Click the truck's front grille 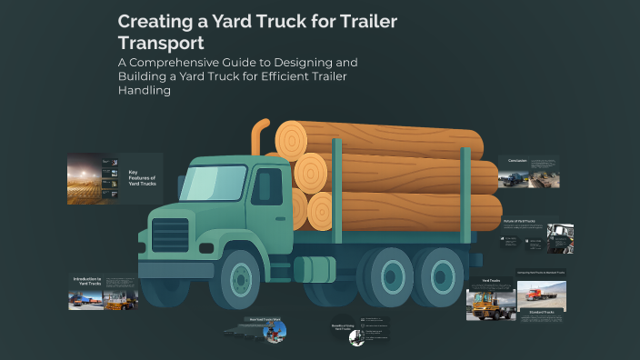tap(170, 235)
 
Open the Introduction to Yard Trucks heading tap(88, 283)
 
